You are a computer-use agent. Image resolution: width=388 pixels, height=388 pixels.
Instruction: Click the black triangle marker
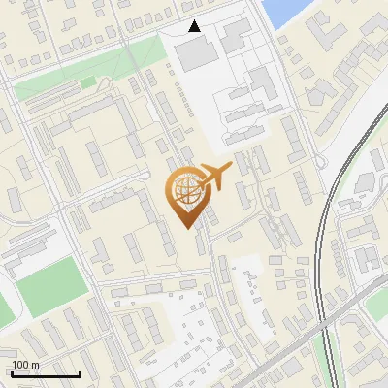click(x=195, y=26)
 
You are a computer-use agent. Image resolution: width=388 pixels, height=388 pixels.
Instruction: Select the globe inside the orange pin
click(x=187, y=190)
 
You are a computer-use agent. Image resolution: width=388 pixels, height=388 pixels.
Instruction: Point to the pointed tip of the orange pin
click(x=188, y=229)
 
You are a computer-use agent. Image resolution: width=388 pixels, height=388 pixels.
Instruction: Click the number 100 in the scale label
click(x=20, y=365)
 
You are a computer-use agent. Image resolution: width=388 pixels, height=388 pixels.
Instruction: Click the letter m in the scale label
click(x=35, y=365)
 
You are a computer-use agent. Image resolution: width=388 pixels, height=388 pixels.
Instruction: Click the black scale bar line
click(x=46, y=373)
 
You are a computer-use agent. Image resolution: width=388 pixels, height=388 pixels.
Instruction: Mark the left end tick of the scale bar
click(x=13, y=372)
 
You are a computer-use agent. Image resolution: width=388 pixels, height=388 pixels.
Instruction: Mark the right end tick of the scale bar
click(x=80, y=372)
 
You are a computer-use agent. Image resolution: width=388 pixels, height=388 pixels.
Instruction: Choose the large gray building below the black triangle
click(x=198, y=52)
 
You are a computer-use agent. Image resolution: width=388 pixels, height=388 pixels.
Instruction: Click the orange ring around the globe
click(x=174, y=190)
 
